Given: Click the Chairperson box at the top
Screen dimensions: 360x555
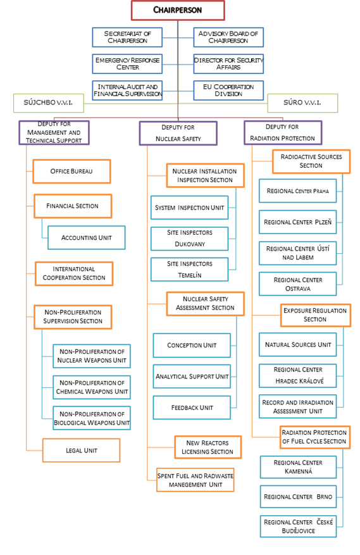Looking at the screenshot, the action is [178, 10].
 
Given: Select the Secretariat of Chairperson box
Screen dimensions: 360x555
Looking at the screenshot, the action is [127, 37].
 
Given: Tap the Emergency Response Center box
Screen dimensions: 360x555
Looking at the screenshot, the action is [127, 64].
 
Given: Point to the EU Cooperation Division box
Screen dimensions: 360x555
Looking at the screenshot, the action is [228, 90].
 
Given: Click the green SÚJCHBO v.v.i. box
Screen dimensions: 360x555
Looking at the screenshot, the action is [49, 103].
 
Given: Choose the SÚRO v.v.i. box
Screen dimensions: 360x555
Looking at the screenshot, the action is [302, 103].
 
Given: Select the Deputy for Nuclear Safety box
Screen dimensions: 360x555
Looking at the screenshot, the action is [178, 133].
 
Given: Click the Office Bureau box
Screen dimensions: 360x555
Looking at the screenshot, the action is [71, 171].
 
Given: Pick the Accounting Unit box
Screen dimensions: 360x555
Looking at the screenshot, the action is [87, 237].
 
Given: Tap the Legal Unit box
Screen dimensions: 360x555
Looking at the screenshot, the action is [81, 450].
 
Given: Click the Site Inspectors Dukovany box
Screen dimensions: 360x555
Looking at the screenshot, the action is [189, 239].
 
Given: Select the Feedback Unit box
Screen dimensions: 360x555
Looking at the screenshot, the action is [192, 408].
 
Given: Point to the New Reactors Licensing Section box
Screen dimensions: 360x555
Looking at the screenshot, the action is [208, 447].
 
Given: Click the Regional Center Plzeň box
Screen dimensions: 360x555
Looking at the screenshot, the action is [298, 222].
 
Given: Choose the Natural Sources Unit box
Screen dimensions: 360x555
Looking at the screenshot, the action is [298, 344].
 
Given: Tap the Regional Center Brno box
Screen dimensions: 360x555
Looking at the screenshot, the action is [298, 497].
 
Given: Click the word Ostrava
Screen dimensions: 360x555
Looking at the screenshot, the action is [298, 289].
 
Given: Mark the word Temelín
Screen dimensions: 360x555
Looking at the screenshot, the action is [189, 275].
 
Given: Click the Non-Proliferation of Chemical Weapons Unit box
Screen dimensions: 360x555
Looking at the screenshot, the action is [92, 387].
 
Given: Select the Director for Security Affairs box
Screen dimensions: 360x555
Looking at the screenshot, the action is [228, 64].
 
